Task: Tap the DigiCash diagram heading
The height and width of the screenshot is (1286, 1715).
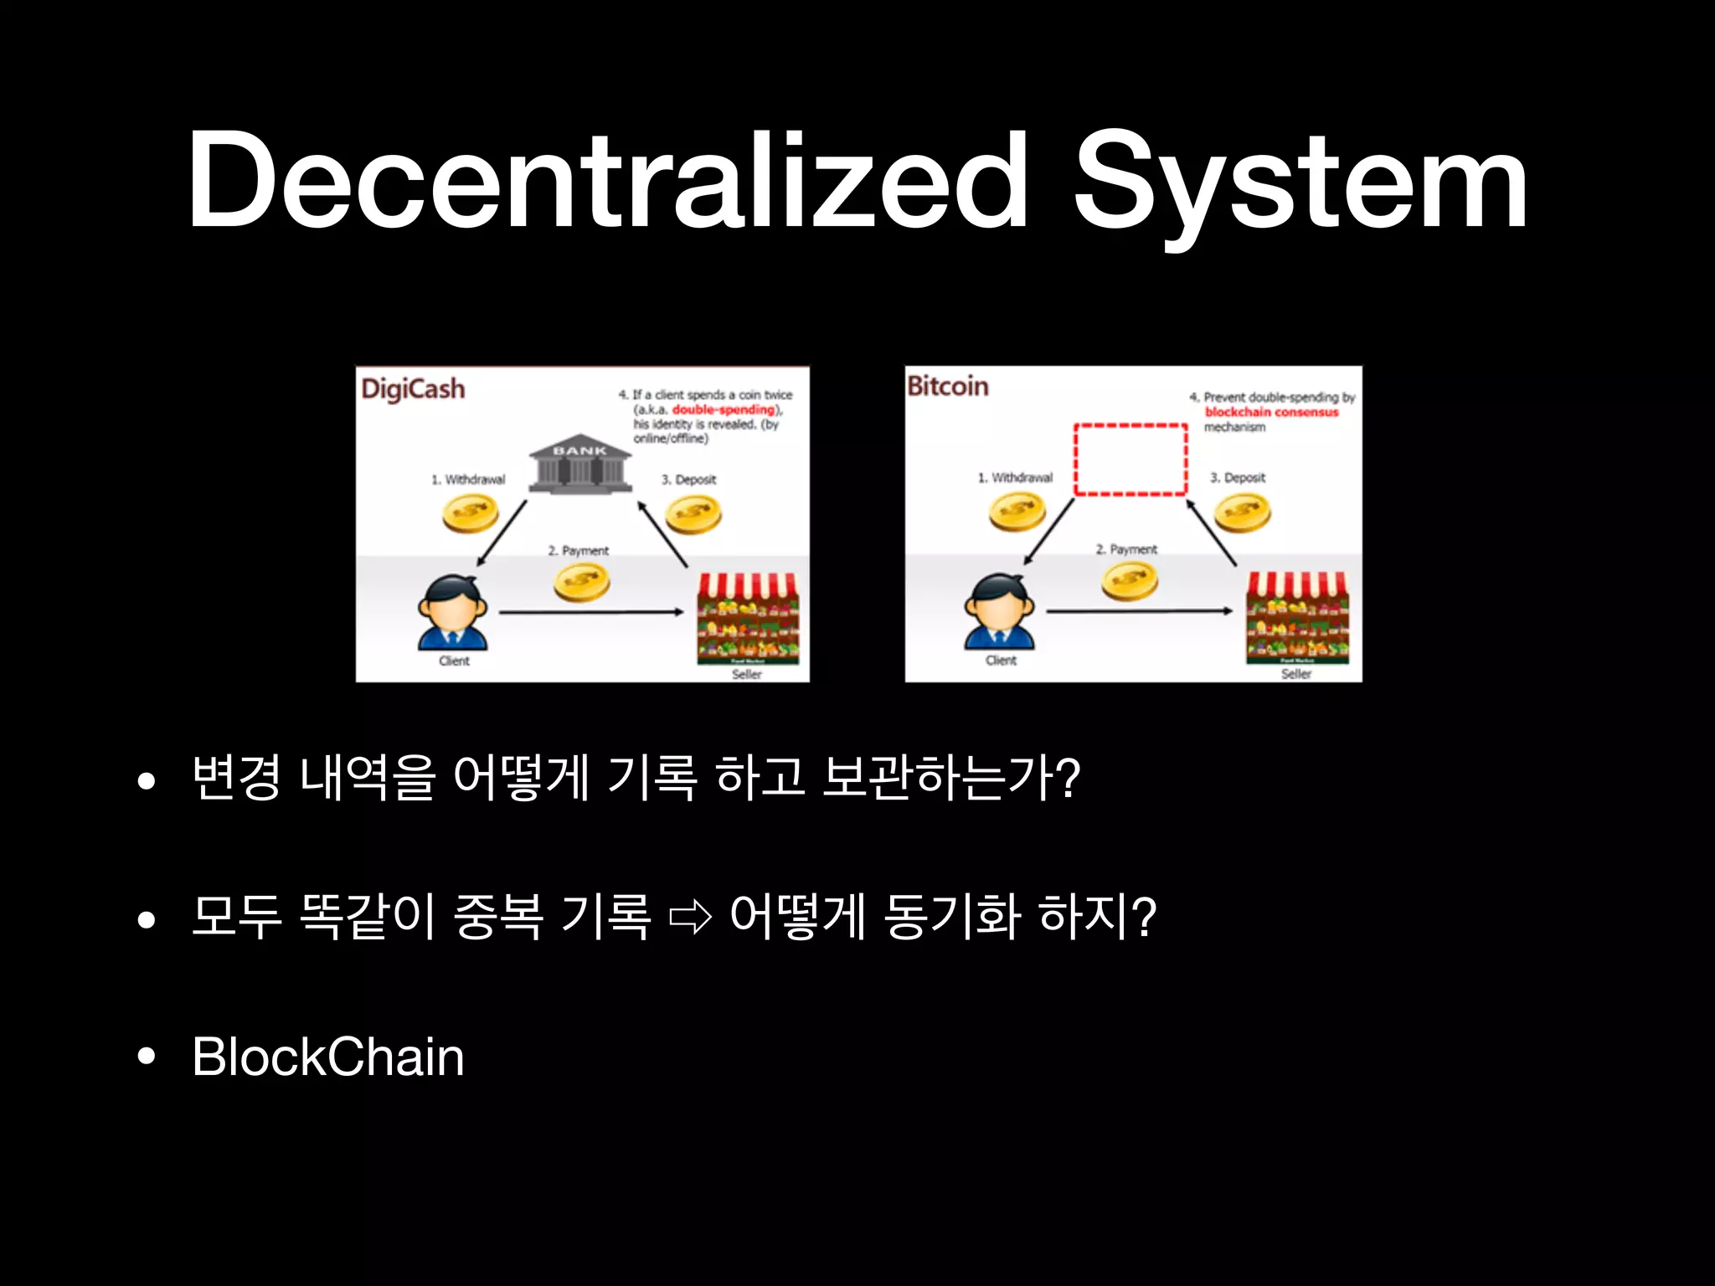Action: [413, 389]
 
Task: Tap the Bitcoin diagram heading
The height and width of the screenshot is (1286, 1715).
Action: [948, 386]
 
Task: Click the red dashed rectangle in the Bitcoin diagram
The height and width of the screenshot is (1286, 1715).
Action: [1130, 460]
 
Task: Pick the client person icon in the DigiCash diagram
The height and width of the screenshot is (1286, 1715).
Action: [453, 612]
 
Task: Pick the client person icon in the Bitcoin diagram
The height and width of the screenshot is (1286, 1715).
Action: [999, 612]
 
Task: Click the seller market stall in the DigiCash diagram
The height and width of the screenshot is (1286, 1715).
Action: [748, 618]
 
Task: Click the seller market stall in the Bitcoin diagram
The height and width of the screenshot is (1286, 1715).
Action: [1297, 618]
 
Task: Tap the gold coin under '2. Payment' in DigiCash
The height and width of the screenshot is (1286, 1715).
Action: [581, 582]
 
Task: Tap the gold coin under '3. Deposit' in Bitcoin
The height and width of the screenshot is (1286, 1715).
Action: [1242, 512]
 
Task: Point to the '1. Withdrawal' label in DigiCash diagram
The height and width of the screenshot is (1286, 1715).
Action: [468, 480]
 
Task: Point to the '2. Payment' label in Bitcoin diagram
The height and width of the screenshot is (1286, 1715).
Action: [1126, 549]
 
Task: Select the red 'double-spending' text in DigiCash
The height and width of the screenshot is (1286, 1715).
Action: [724, 409]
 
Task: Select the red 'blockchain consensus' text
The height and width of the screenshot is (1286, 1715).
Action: [1271, 412]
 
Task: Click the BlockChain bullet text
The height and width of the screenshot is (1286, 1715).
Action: [327, 1057]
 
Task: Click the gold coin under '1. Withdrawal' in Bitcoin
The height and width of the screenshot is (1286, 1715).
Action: [1017, 512]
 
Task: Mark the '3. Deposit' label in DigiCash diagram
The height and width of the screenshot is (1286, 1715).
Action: [688, 480]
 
